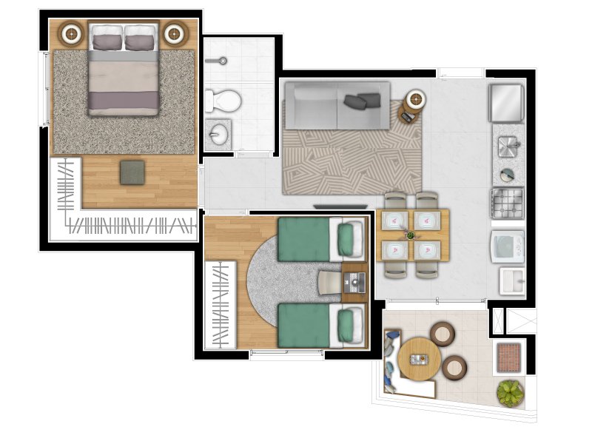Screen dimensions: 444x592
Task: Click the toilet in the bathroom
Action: click(x=223, y=99)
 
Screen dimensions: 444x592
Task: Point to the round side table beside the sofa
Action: click(x=415, y=101)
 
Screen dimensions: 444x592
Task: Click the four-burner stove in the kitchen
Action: click(x=507, y=202)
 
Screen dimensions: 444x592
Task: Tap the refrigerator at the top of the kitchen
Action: click(x=506, y=103)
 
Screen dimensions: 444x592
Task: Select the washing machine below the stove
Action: click(x=508, y=246)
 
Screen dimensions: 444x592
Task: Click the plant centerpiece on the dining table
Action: click(x=411, y=235)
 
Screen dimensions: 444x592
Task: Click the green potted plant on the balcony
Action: click(x=510, y=393)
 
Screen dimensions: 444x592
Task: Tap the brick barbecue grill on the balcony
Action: click(x=509, y=357)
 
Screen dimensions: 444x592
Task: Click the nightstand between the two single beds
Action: click(x=354, y=282)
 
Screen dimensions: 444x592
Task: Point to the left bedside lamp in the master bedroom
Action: click(x=73, y=33)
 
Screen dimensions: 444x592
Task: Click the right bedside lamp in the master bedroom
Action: click(x=175, y=33)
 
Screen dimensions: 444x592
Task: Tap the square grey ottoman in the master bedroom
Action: click(x=134, y=172)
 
